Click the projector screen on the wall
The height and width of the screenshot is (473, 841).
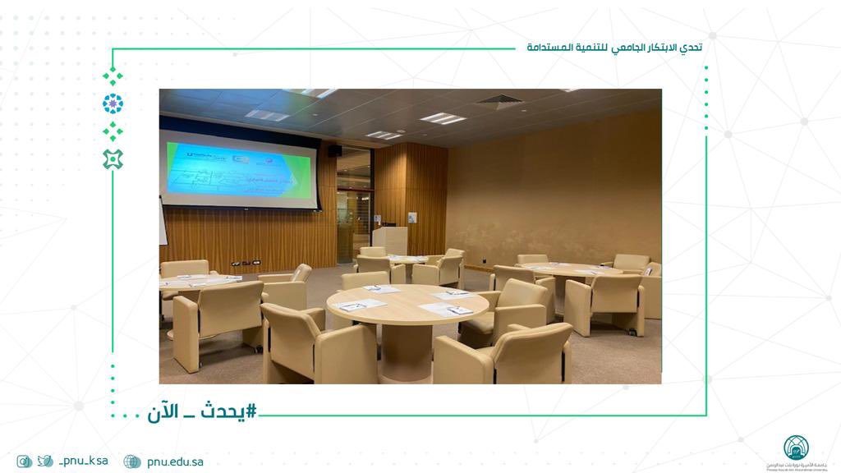click(240, 170)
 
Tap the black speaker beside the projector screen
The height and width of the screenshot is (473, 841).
click(334, 150)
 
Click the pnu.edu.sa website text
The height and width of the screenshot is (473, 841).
click(175, 462)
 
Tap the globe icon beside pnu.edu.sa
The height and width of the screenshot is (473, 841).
click(132, 462)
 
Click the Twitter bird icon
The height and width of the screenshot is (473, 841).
click(45, 462)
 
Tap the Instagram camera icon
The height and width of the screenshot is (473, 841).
click(25, 462)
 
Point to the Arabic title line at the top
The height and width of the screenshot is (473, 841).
click(614, 48)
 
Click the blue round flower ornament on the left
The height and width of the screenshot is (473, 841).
click(113, 103)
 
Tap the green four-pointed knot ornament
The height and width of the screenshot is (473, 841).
click(113, 159)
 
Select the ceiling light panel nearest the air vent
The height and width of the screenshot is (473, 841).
click(443, 118)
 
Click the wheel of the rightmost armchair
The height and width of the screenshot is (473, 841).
click(633, 332)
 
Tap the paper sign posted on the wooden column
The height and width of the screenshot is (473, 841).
click(412, 218)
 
